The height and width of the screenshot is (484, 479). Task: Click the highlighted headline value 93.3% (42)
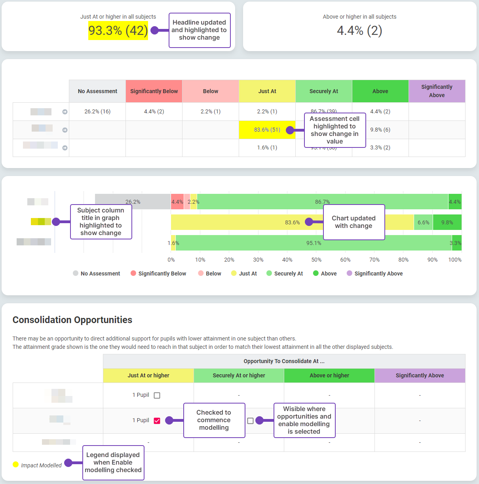point(118,31)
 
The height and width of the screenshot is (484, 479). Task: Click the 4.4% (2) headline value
point(359,31)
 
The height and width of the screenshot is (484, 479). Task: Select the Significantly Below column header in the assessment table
point(154,91)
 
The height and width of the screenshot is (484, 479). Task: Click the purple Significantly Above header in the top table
point(437,91)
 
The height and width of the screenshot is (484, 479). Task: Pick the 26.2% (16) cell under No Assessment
point(97,111)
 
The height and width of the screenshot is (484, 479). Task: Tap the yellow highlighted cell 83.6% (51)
point(267,130)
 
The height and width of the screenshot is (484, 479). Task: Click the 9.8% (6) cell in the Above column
point(380,130)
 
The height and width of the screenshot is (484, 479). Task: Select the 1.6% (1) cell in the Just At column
point(267,147)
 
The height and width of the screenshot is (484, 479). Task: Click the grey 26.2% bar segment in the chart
point(133,202)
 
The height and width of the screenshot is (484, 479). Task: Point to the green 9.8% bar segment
point(447,222)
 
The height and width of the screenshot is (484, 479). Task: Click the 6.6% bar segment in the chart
point(423,222)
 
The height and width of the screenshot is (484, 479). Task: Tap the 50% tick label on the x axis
point(316,260)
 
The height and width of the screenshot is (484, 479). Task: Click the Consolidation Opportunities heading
point(72,320)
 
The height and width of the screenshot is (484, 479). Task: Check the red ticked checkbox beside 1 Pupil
point(157,421)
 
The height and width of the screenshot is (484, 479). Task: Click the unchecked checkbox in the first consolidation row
point(157,395)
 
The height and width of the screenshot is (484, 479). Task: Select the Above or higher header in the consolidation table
point(329,375)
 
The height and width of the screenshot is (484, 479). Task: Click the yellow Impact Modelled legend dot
point(16,465)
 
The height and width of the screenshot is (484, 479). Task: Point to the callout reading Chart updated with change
point(354,222)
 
